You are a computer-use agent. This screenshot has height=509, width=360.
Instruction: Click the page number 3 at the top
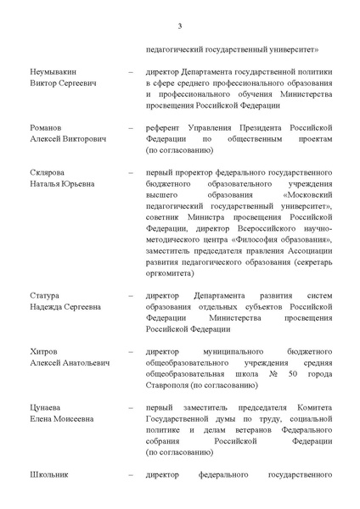pyautogui.click(x=180, y=25)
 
